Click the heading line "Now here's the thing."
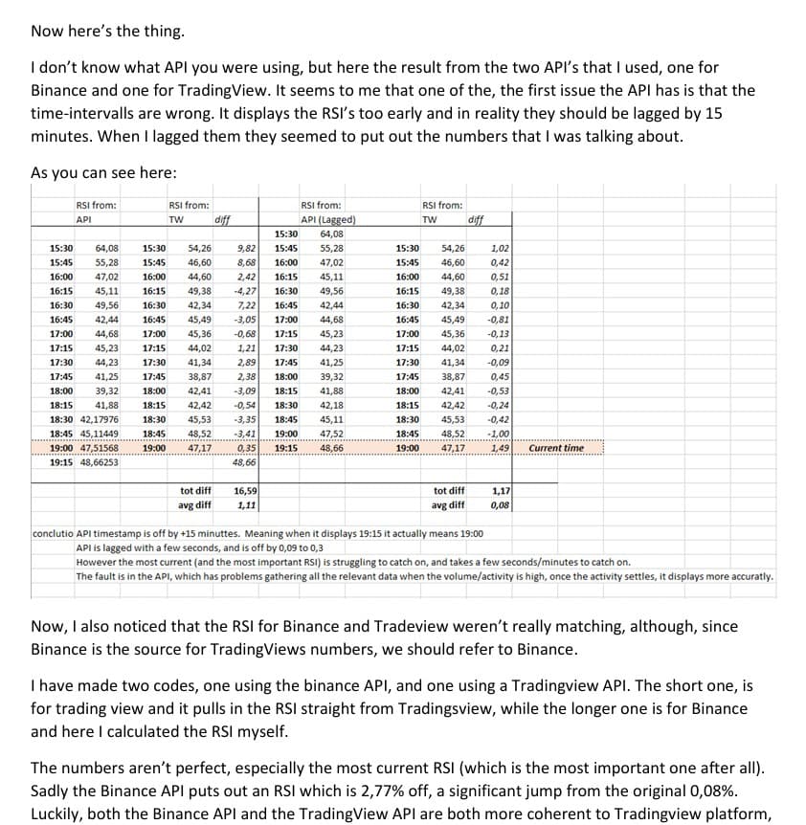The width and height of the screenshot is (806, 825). coord(106,32)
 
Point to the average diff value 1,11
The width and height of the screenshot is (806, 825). coord(246,504)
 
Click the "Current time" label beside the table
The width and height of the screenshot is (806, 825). coord(556,447)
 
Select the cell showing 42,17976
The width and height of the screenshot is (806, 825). coord(93,418)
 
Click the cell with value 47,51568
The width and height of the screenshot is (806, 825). coord(93,447)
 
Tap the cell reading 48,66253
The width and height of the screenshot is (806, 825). coord(93,461)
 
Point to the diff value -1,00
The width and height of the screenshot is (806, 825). coord(498,433)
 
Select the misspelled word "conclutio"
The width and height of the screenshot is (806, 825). coord(53,533)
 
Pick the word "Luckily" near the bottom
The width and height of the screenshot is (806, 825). coord(57,814)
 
